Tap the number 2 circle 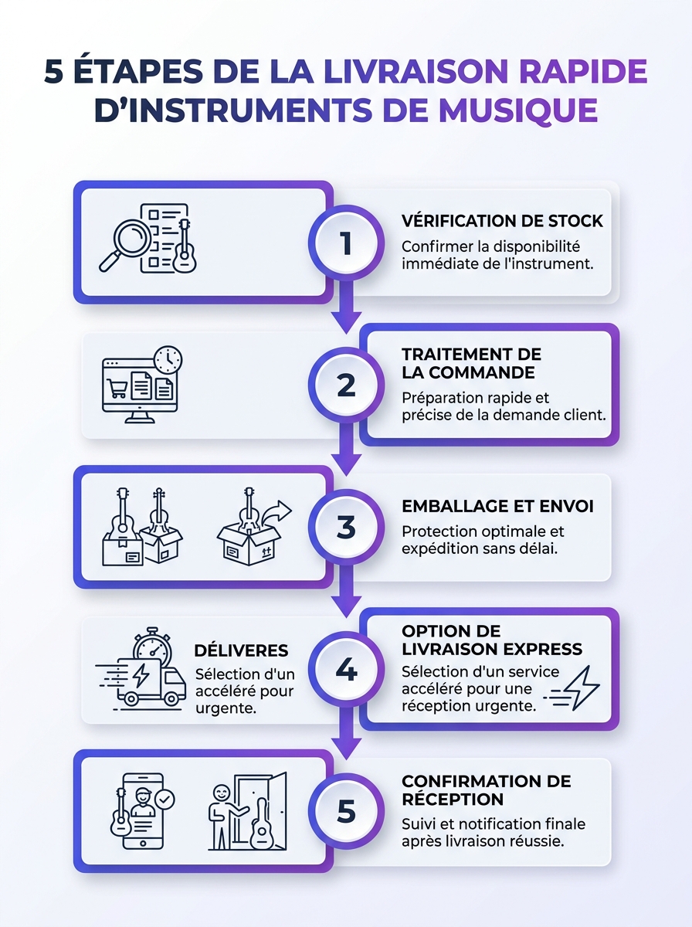346,385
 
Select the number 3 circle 346,528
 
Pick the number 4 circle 346,670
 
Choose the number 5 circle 346,812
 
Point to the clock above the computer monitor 168,360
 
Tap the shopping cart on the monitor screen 118,389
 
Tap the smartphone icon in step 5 142,811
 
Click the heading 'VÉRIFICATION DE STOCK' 502,221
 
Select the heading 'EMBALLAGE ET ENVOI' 497,507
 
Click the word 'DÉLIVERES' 241,650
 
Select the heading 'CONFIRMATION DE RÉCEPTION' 486,789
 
